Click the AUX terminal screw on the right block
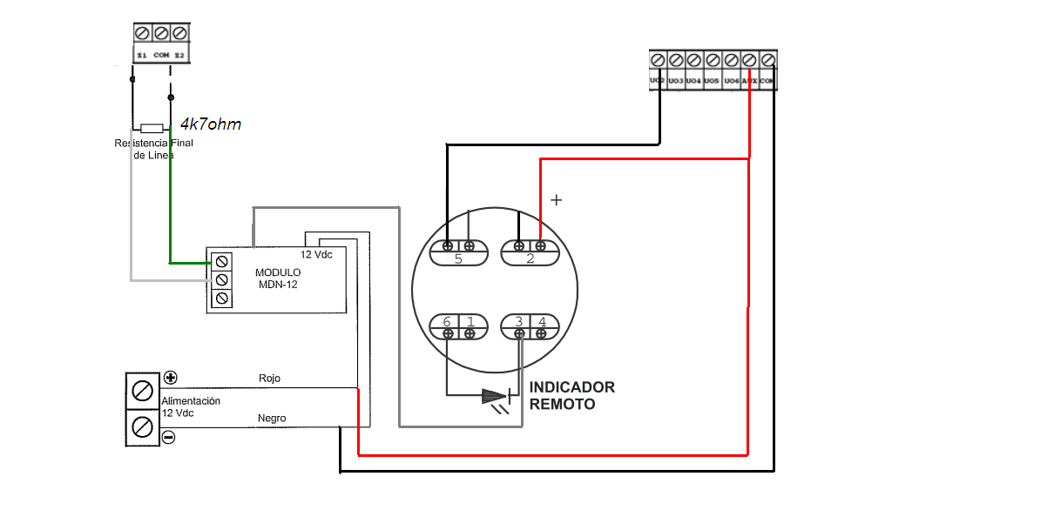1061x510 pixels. pyautogui.click(x=749, y=60)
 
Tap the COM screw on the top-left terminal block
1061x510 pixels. pyautogui.click(x=161, y=33)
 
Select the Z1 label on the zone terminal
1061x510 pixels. pyautogui.click(x=142, y=55)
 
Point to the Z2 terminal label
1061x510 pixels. pyautogui.click(x=179, y=55)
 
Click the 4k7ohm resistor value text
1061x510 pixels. pyautogui.click(x=210, y=124)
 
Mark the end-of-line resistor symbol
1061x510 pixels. pyautogui.click(x=152, y=127)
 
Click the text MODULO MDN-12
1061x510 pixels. pyautogui.click(x=277, y=278)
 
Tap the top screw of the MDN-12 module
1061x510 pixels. pyautogui.click(x=222, y=261)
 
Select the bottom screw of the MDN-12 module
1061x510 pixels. pyautogui.click(x=222, y=299)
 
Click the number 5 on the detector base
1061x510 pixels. pyautogui.click(x=458, y=258)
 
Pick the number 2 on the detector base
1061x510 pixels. pyautogui.click(x=530, y=258)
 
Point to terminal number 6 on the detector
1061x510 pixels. pyautogui.click(x=447, y=322)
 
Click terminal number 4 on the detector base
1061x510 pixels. pyautogui.click(x=542, y=322)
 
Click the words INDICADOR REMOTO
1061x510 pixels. pyautogui.click(x=571, y=395)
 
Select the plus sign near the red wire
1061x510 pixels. pyautogui.click(x=557, y=200)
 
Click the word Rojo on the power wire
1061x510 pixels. pyautogui.click(x=270, y=379)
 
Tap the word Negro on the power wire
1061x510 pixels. pyautogui.click(x=272, y=419)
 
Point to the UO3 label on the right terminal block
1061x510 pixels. pyautogui.click(x=676, y=81)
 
